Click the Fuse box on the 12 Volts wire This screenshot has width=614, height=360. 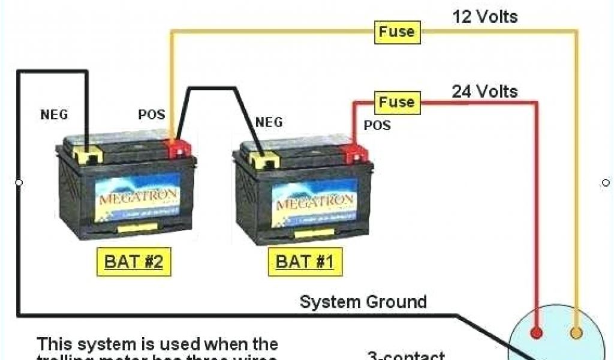pos(397,32)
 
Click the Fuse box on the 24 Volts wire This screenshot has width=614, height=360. pos(397,103)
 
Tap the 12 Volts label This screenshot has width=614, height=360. pos(485,16)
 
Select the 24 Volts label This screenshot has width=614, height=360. pos(485,92)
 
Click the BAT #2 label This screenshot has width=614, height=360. pos(134,262)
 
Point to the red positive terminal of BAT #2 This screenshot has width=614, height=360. pos(178,147)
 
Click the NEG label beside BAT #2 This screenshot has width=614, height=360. pos(54,114)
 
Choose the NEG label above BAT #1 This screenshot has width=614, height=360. pos(269,122)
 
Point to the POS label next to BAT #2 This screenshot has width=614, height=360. pos(151,115)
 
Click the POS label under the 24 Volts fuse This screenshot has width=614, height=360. pos(377,125)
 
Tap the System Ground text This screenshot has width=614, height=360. pos(363,302)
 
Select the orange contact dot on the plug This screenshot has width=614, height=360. pos(576,333)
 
